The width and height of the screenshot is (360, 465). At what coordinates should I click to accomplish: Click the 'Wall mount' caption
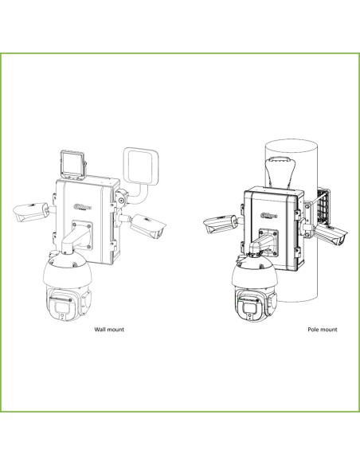[109, 328]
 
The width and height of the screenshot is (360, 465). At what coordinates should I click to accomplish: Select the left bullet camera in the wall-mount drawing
[30, 211]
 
